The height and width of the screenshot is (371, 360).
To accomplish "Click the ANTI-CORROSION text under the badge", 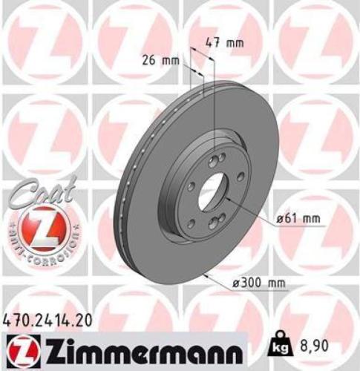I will pos(42,245).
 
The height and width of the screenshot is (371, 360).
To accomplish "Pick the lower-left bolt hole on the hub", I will pos(192,209).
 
